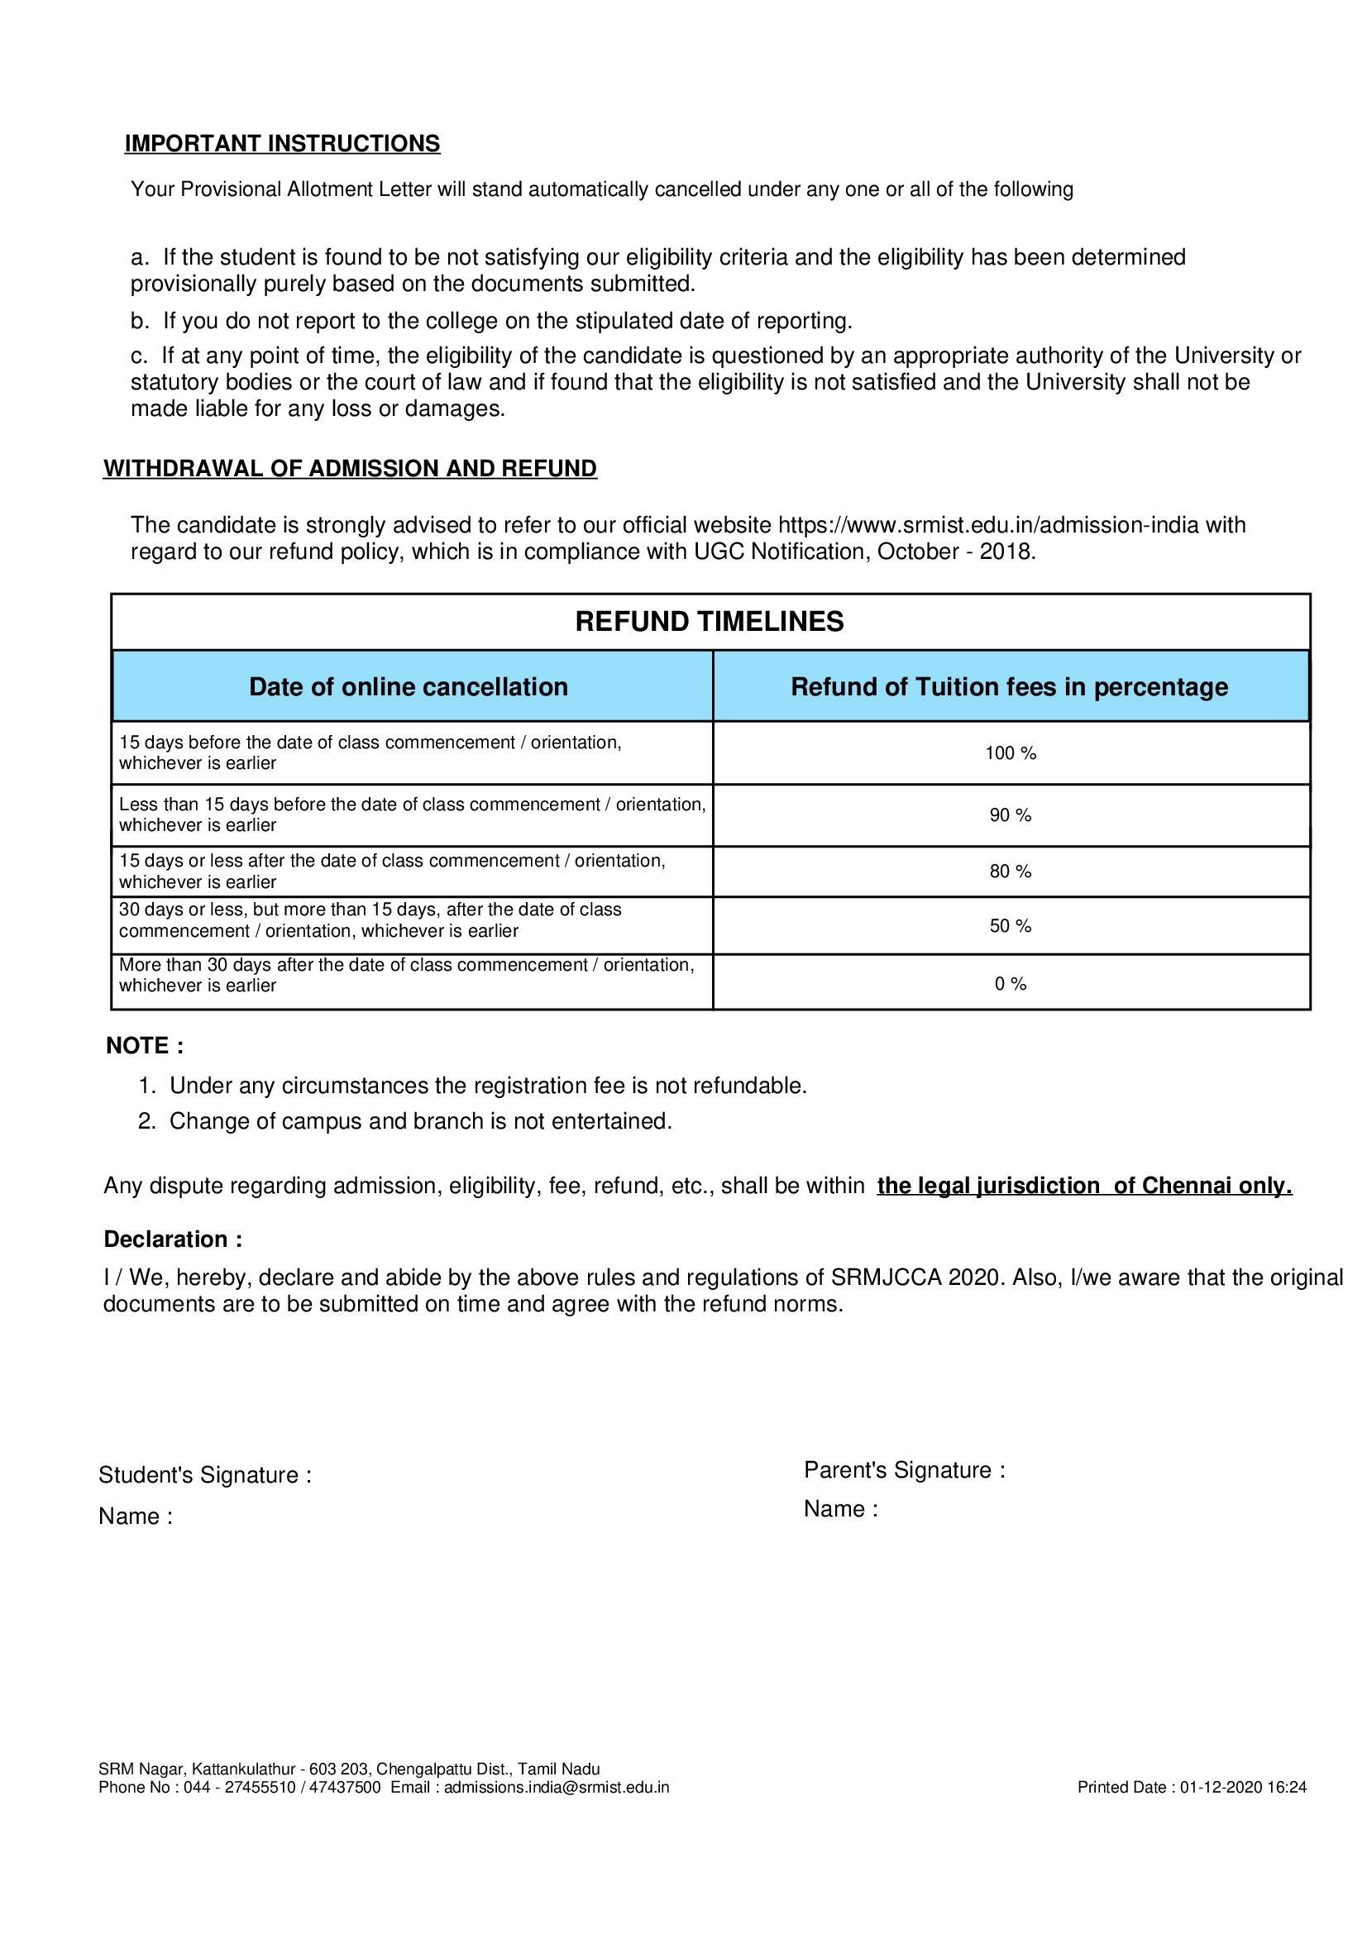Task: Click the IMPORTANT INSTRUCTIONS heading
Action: coord(282,143)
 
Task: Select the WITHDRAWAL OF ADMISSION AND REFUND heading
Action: coord(350,468)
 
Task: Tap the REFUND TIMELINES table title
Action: coord(710,622)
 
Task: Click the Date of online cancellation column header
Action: coord(409,687)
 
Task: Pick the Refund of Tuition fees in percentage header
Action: coord(1009,687)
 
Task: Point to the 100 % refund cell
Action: coord(1010,753)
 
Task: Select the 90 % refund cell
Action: coord(1010,815)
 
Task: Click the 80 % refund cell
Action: coord(1010,871)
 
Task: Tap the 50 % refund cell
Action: coord(1010,927)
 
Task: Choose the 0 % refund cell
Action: coord(1010,984)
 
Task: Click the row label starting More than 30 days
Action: coord(407,976)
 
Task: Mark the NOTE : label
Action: coord(145,1046)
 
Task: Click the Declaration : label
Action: coord(173,1239)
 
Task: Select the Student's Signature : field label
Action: coord(204,1475)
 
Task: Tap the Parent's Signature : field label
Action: coord(904,1470)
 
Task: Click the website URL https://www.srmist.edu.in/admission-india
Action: coord(987,526)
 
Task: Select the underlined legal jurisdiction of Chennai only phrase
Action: coord(1084,1186)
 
